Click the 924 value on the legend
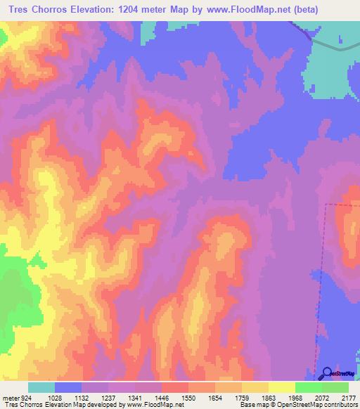[25, 397]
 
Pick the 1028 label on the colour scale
[55, 397]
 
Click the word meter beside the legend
[10, 397]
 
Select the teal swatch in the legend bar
[41, 387]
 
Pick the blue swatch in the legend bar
[68, 387]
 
